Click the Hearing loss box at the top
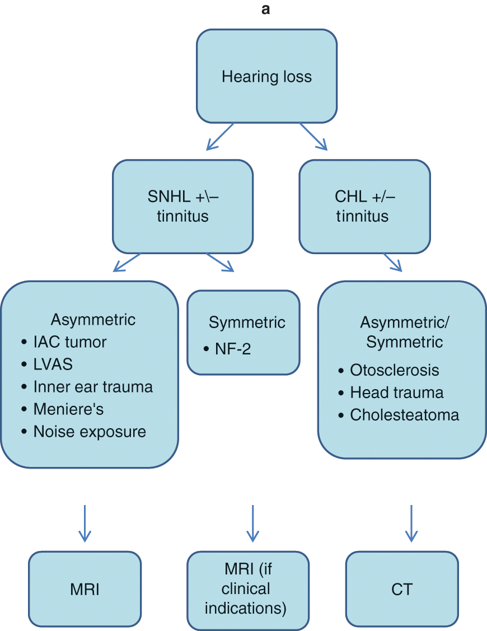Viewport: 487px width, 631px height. pos(266,76)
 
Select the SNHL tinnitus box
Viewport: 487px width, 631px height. pos(182,206)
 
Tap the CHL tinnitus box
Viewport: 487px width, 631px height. pos(364,206)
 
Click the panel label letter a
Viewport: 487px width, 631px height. pos(266,10)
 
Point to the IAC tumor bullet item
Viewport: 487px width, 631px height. pos(69,342)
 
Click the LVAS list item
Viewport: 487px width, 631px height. pos(53,364)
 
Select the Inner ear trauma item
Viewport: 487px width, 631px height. pos(92,387)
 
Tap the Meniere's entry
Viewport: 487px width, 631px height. pos(68,409)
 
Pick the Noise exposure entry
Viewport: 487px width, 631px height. pos(89,432)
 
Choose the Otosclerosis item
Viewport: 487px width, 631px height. pos(394,370)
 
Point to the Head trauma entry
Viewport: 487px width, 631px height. pos(396,392)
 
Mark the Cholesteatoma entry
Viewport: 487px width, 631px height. pos(404,415)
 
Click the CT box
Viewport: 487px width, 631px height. pos(402,590)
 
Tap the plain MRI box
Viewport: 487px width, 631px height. pos(85,590)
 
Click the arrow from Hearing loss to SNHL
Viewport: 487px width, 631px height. pos(219,137)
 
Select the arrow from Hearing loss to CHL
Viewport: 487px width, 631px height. pos(313,136)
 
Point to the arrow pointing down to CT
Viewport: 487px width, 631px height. pos(411,523)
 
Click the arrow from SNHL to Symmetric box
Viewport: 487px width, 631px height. pos(220,263)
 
